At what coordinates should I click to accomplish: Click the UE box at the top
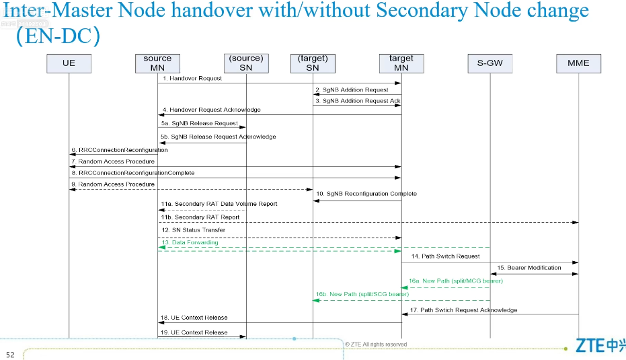tap(69, 63)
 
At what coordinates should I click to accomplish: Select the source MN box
tap(157, 63)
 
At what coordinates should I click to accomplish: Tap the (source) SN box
tap(245, 63)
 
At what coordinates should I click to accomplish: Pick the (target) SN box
tap(313, 63)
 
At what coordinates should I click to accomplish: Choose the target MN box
tap(401, 63)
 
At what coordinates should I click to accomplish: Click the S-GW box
tap(490, 63)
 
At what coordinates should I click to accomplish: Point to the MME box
tap(578, 63)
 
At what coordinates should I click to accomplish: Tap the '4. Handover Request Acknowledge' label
tap(210, 110)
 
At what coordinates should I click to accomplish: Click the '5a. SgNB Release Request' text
tap(199, 123)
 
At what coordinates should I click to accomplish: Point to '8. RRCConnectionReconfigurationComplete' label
tap(132, 173)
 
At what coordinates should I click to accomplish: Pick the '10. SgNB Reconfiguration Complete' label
tap(366, 194)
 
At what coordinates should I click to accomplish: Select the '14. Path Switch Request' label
tap(445, 256)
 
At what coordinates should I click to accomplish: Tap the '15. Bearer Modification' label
tap(529, 268)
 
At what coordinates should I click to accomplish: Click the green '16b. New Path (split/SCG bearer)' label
tap(362, 294)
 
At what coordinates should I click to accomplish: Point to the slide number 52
tap(10, 355)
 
